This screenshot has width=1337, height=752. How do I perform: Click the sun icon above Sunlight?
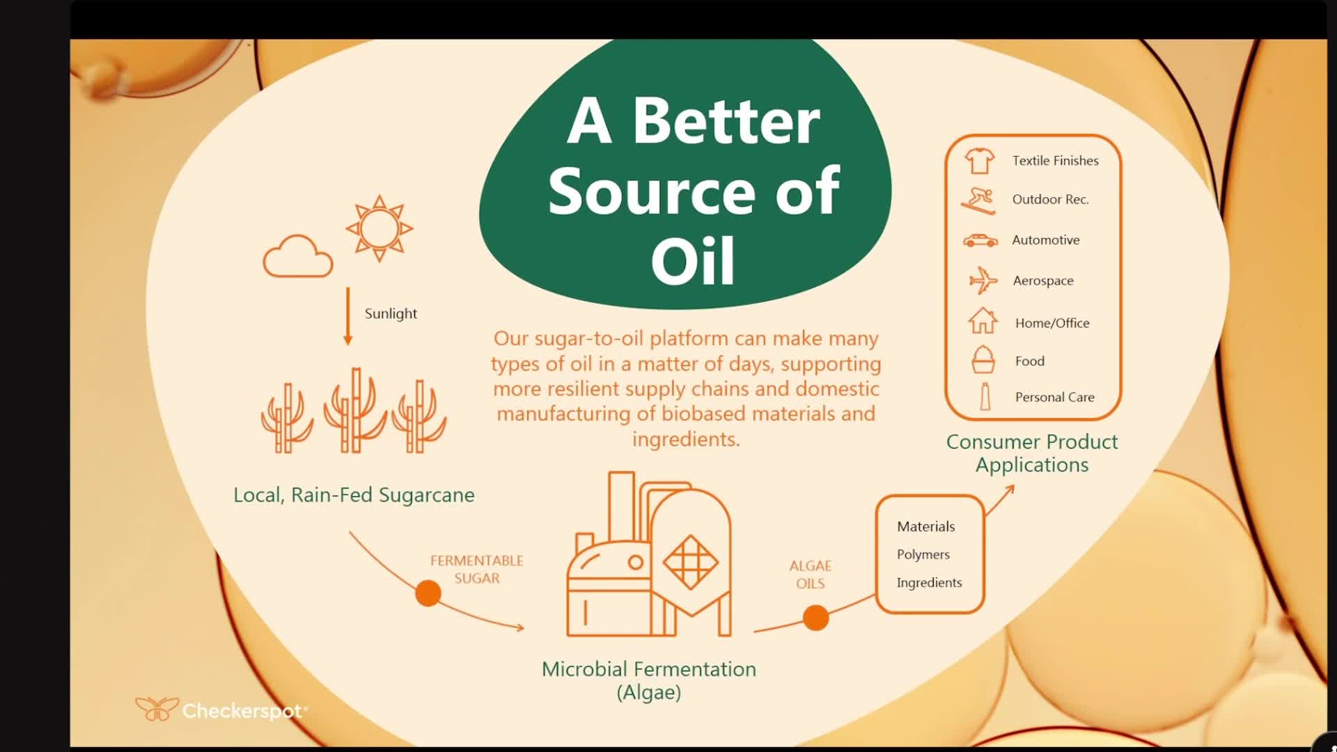379,228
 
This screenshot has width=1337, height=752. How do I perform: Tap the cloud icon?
298,257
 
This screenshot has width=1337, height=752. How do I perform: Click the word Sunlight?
391,313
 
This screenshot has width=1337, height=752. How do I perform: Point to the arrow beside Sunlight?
348,316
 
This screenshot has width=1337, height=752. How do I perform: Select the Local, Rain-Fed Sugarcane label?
354,495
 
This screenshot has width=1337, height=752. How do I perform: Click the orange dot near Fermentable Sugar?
428,593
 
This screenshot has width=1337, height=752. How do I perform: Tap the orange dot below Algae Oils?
815,618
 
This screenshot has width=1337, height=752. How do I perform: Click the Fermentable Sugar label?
477,570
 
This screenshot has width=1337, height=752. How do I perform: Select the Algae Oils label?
811,574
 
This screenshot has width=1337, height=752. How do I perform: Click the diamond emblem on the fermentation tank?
690,561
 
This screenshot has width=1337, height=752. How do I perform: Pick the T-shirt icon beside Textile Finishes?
980,161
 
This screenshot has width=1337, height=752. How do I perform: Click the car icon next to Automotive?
980,240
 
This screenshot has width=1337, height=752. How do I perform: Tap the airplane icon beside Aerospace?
983,281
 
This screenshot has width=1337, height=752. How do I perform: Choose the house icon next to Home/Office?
983,322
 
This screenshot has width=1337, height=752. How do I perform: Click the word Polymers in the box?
923,554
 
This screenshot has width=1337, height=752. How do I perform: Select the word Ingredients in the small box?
929,583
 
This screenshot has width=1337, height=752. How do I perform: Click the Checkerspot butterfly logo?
157,710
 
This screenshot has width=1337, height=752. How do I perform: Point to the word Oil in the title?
693,260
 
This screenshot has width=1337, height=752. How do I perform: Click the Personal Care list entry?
1054,397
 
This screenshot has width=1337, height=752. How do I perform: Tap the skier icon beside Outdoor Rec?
978,201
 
